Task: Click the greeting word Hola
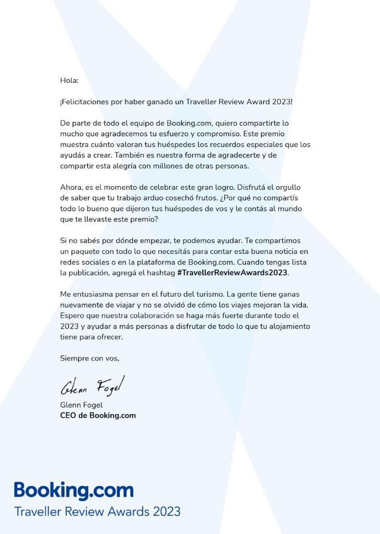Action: [69, 80]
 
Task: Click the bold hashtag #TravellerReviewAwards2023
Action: [232, 273]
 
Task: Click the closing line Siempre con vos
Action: [90, 358]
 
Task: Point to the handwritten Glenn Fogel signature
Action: [92, 386]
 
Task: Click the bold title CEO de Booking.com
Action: [98, 416]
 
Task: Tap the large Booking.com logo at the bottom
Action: [73, 491]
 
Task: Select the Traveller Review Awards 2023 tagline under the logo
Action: [97, 512]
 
